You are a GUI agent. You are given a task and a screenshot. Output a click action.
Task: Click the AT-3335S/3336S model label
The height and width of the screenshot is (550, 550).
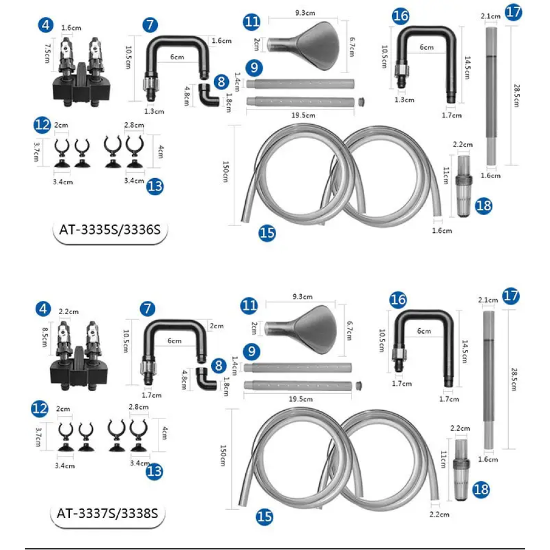110,230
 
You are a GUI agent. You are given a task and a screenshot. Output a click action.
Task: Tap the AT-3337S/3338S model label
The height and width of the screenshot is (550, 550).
107,514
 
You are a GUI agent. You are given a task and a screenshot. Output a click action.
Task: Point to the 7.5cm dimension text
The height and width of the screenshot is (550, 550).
47,54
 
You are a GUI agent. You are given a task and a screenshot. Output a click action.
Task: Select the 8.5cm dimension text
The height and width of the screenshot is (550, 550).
45,337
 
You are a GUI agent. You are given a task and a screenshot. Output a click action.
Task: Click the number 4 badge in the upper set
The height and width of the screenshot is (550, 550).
46,25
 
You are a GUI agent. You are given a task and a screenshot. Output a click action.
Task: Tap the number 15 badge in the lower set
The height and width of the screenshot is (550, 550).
265,516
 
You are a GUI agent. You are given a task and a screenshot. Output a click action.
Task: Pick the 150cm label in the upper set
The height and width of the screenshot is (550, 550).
226,172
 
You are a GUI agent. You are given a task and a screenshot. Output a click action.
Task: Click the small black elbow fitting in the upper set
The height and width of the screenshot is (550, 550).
208,95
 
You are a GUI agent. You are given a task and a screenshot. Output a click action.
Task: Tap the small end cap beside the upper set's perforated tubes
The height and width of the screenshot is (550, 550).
361,102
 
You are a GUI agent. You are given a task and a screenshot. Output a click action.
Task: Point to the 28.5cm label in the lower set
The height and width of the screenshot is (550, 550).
514,379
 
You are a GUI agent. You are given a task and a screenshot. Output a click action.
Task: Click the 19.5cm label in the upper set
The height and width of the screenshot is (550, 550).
303,115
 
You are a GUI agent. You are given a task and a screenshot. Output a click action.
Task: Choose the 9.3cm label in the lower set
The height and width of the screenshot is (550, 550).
302,297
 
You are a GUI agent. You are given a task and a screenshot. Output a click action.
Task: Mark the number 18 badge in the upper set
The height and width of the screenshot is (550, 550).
483,206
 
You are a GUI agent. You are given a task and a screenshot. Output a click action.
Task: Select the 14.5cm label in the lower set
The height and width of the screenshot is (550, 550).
464,351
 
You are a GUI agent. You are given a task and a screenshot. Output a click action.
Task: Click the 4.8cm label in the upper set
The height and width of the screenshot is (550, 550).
186,96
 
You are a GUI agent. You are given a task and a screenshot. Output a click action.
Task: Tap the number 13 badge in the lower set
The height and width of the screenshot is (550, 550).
155,471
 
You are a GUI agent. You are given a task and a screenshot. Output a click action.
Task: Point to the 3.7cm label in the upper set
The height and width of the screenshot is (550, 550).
36,152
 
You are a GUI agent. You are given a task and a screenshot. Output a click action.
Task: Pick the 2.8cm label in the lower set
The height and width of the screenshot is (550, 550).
139,407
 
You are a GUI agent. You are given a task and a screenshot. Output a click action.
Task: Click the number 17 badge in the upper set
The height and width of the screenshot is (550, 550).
514,12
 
